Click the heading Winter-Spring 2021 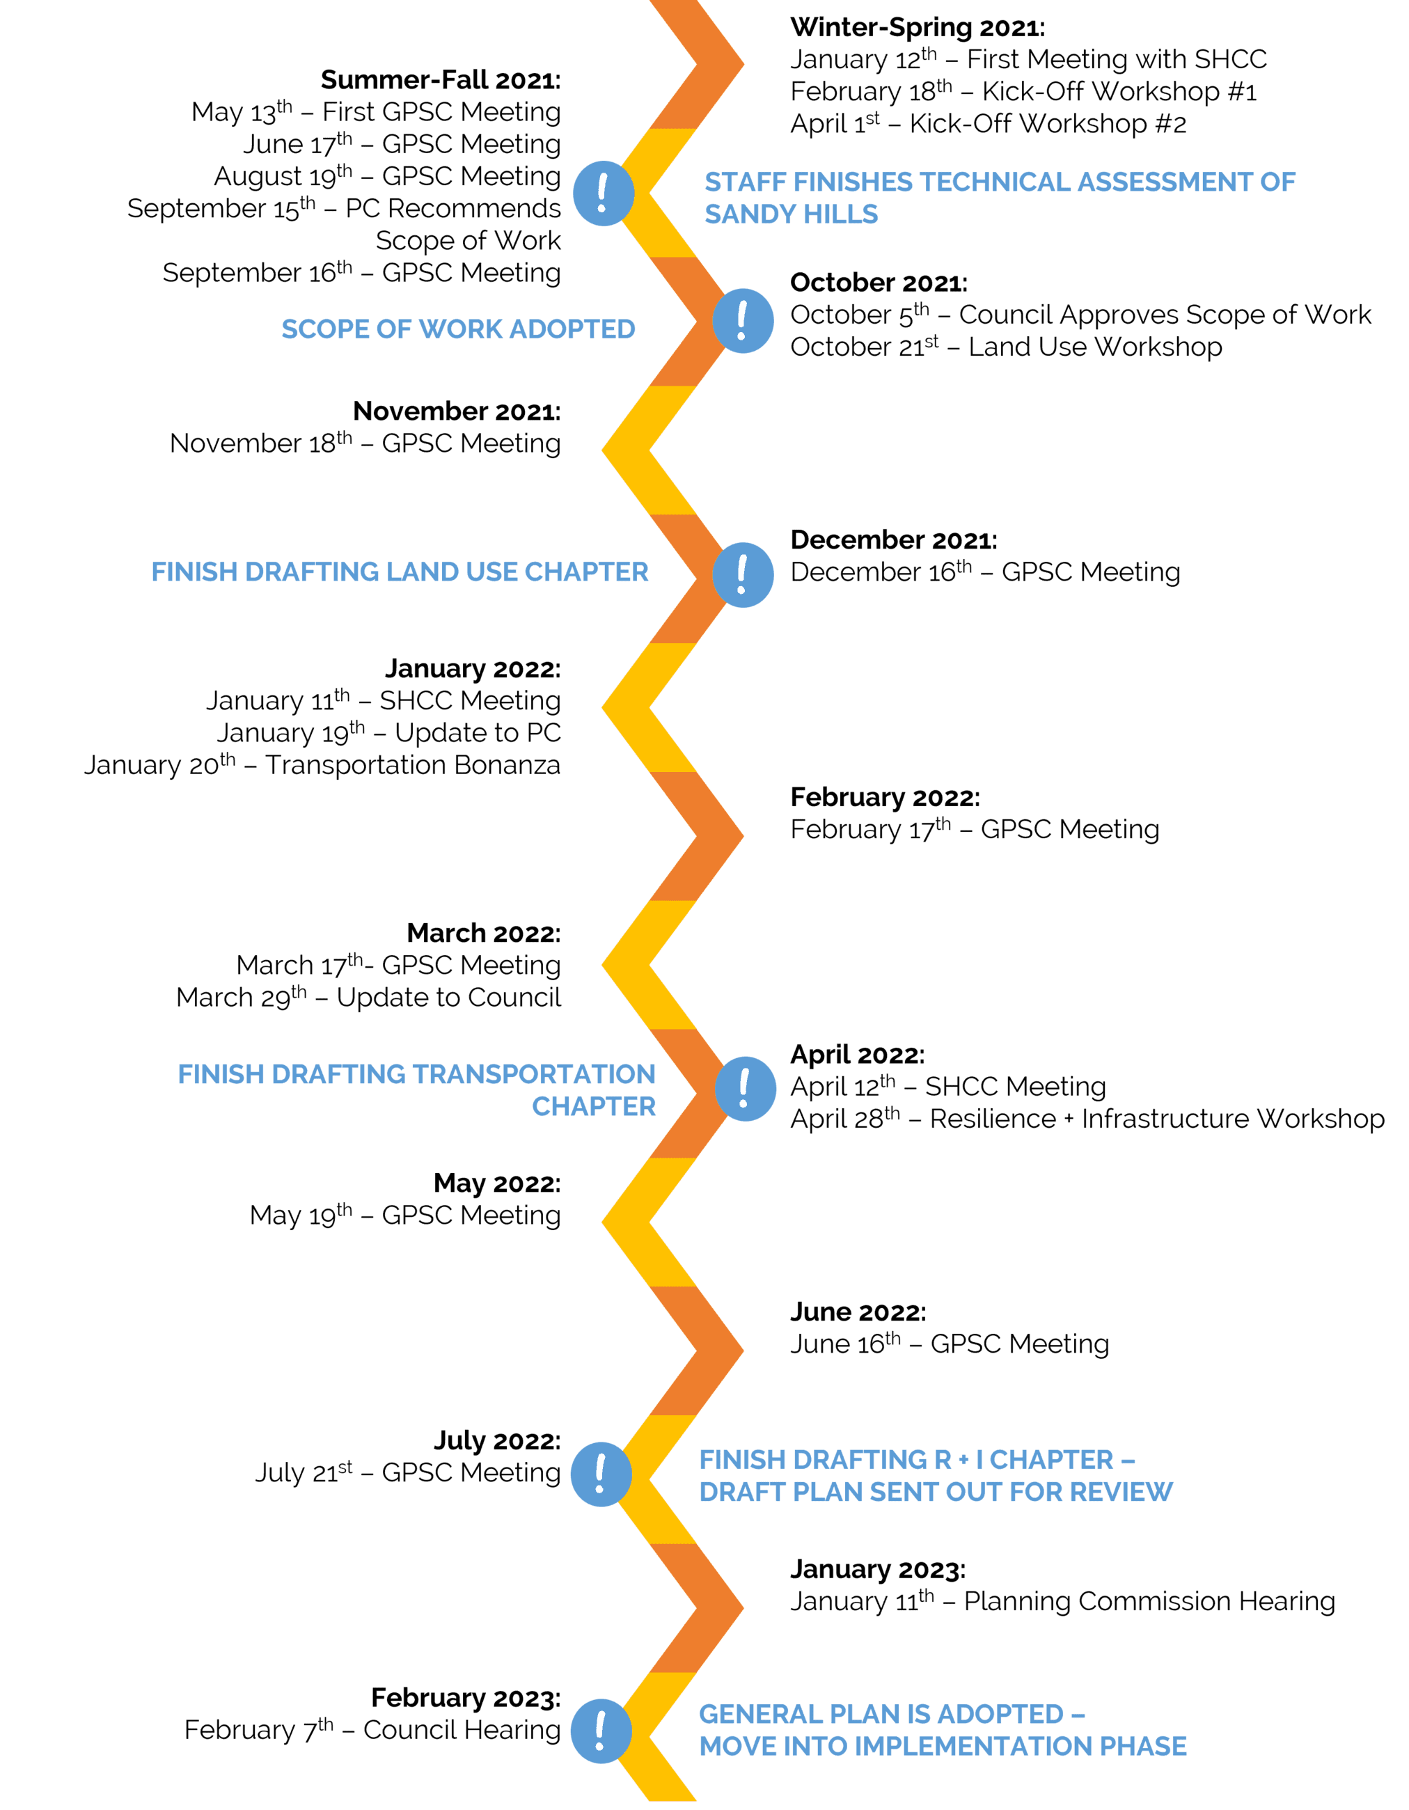917,27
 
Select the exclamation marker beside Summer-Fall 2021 604,193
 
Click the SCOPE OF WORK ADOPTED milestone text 458,329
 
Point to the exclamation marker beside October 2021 743,321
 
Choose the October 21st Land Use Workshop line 1005,347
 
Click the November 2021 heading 456,411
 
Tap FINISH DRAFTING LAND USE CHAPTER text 400,572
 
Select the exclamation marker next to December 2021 743,575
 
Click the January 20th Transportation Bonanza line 322,765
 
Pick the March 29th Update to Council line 368,998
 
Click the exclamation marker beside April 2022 745,1088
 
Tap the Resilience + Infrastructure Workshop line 1087,1119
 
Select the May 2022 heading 496,1183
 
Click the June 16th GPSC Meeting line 949,1344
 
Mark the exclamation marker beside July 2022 601,1474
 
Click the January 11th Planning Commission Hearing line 1062,1602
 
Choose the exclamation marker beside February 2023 601,1731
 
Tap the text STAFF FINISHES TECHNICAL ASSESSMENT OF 1000,182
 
